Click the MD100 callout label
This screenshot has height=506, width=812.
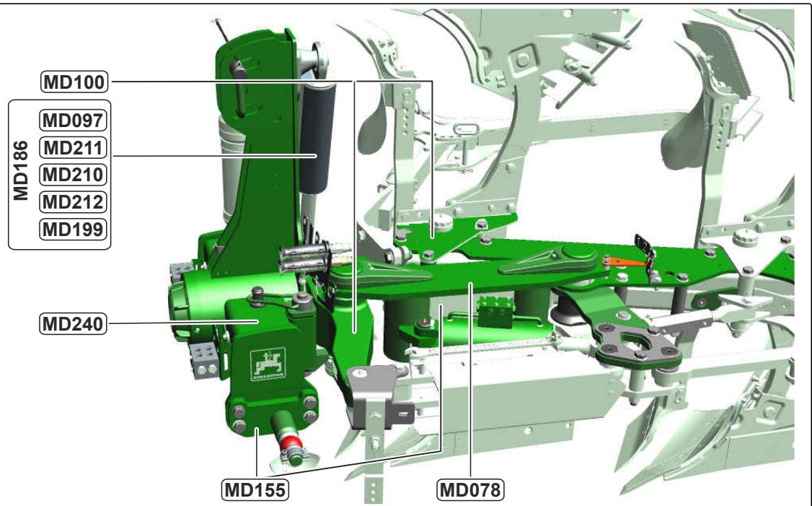pyautogui.click(x=74, y=82)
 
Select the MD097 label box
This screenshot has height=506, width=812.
pyautogui.click(x=73, y=121)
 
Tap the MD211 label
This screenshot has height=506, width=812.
pyautogui.click(x=73, y=148)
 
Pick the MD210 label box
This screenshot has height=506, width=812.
pyautogui.click(x=73, y=175)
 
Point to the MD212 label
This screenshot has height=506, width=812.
pyautogui.click(x=73, y=201)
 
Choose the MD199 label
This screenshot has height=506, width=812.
pyautogui.click(x=73, y=229)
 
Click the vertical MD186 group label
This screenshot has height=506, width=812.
pyautogui.click(x=21, y=170)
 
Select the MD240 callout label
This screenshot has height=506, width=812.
pyautogui.click(x=73, y=324)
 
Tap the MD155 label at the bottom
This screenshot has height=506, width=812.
pyautogui.click(x=255, y=489)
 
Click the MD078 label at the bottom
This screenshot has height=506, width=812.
pyautogui.click(x=470, y=489)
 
